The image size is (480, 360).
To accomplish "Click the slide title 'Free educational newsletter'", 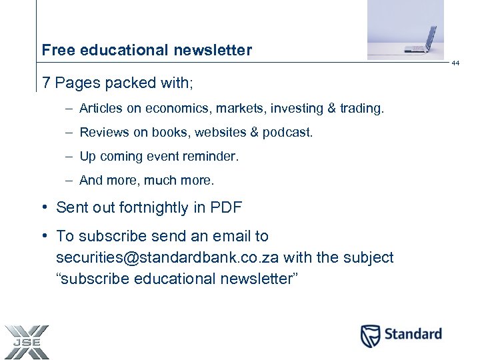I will point(147,50).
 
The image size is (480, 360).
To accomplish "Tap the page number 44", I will point(455,63).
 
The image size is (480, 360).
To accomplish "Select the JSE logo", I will point(25,341).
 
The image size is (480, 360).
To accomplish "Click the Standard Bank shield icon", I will point(371,335).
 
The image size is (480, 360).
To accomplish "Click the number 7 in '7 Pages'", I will point(46,83).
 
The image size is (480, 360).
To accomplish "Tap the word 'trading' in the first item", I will point(363,108).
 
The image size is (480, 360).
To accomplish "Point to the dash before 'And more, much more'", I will point(69,180).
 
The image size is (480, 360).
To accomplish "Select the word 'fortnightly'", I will point(154,208).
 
